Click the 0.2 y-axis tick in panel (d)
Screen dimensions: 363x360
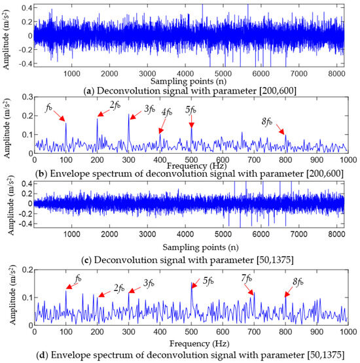(x=24, y=269)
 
